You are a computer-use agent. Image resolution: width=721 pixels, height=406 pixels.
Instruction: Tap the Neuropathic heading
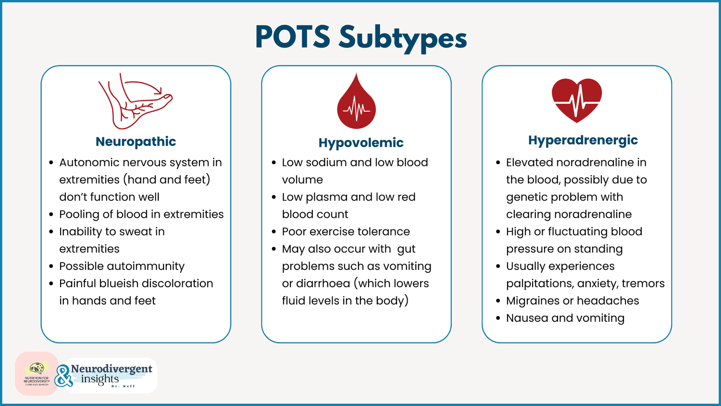tap(136, 141)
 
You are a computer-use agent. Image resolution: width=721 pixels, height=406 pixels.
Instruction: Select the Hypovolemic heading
tap(361, 142)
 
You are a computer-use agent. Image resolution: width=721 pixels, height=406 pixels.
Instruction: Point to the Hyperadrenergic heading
tap(583, 140)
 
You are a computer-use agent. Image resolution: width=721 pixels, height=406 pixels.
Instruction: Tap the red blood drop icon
tap(356, 102)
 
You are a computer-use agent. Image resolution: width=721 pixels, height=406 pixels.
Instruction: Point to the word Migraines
tap(533, 301)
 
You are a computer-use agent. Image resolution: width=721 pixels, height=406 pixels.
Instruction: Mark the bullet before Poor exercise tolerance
tap(273, 232)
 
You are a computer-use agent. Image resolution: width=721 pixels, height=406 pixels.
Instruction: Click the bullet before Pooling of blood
tap(51, 215)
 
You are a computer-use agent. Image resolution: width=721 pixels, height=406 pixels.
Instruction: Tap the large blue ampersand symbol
tap(63, 376)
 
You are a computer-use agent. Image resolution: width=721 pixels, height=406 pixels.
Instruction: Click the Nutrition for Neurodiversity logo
tap(37, 374)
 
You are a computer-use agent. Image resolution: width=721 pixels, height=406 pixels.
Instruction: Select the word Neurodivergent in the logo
tap(112, 369)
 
